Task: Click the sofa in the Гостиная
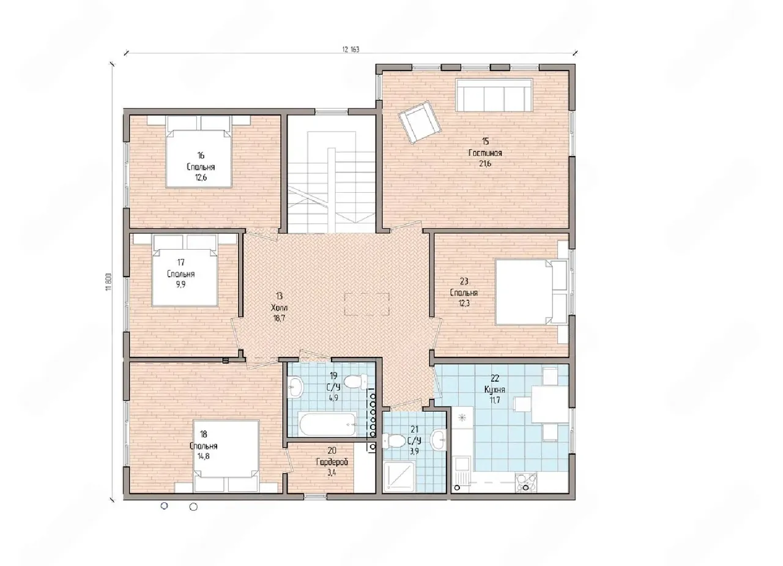[x=494, y=95]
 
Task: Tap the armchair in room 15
[x=420, y=122]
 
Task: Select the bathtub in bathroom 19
[x=327, y=423]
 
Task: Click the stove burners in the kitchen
[x=526, y=482]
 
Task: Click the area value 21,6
[x=485, y=163]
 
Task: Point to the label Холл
[x=280, y=308]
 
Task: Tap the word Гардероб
[x=332, y=462]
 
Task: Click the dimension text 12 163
[x=351, y=50]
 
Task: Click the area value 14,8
[x=203, y=456]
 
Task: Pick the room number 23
[x=464, y=281]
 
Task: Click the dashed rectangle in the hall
[x=366, y=303]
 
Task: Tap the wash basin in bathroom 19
[x=295, y=387]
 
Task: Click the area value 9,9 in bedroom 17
[x=180, y=284]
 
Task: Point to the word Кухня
[x=495, y=389]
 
